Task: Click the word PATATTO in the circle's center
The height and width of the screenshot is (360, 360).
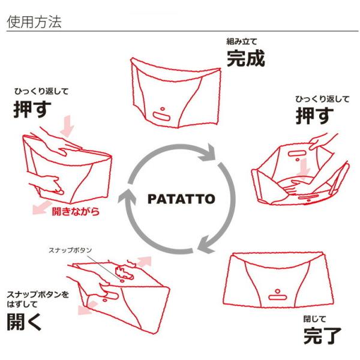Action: (x=180, y=199)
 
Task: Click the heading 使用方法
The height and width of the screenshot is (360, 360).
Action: (x=34, y=22)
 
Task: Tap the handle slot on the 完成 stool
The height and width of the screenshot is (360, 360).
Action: (x=161, y=114)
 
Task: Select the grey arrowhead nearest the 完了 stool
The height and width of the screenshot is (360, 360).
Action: (x=204, y=245)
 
